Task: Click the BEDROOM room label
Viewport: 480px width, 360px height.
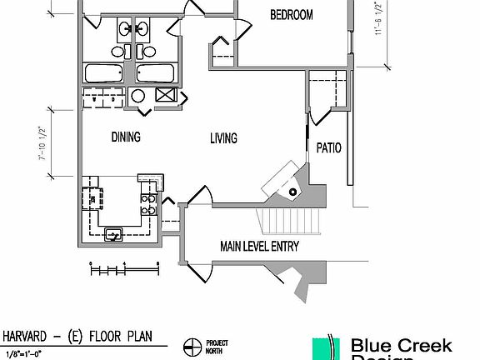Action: click(292, 15)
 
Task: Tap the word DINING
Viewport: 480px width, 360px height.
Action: click(126, 137)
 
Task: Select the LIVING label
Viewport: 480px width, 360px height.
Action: click(223, 137)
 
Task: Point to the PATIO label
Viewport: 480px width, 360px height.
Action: click(328, 148)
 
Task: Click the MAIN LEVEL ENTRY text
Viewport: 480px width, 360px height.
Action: click(259, 247)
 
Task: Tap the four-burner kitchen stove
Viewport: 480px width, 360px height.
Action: click(149, 203)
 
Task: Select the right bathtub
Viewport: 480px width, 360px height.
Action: click(156, 73)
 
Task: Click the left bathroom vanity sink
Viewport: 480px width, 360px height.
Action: click(126, 31)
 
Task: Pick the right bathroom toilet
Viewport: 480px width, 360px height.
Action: click(141, 51)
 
